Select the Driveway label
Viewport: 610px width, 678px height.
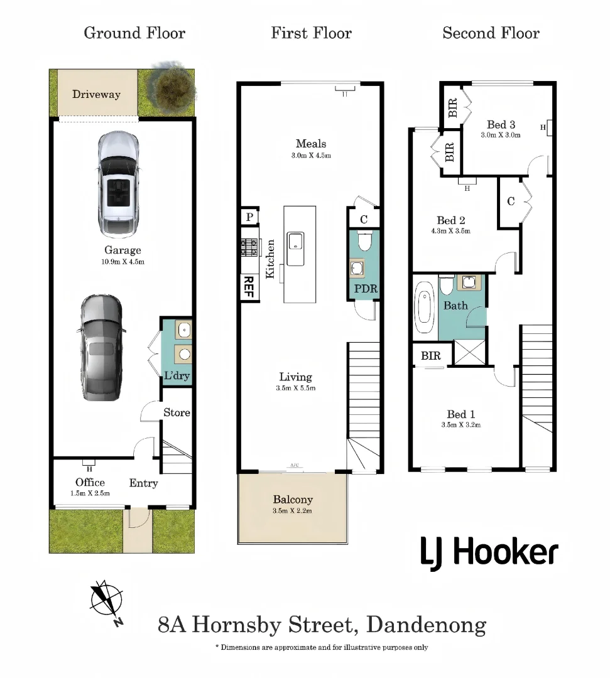tap(97, 94)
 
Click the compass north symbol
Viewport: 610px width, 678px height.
tap(106, 601)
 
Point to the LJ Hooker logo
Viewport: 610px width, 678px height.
tap(489, 553)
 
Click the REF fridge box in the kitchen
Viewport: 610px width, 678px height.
tap(249, 287)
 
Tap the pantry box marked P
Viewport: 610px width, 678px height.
tap(249, 217)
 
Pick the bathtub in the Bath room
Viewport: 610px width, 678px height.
tap(425, 308)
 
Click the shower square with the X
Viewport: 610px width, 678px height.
tap(469, 352)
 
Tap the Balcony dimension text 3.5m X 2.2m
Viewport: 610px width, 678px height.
tap(293, 510)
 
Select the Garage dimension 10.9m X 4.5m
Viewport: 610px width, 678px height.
tap(123, 262)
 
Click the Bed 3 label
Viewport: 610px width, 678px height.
tap(501, 124)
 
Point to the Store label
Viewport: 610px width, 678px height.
tap(177, 412)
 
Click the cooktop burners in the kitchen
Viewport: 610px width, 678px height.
tap(249, 248)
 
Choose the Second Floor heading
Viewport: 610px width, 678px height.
tap(491, 33)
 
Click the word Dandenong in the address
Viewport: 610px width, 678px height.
tap(427, 625)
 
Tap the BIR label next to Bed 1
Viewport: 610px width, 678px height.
tap(431, 355)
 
